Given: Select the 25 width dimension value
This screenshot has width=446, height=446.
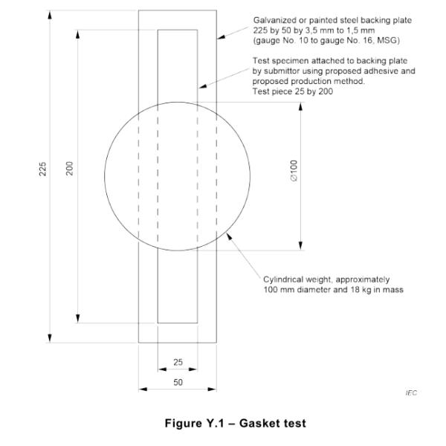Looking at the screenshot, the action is pos(178,362).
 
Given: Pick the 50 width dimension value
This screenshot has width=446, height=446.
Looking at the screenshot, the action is pos(178,382).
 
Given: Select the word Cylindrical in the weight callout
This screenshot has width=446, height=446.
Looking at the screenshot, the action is pos(285,279).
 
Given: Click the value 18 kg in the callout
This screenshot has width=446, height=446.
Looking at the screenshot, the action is pos(363,290).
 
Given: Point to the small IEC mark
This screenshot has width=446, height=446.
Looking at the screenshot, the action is pos(411,392).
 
